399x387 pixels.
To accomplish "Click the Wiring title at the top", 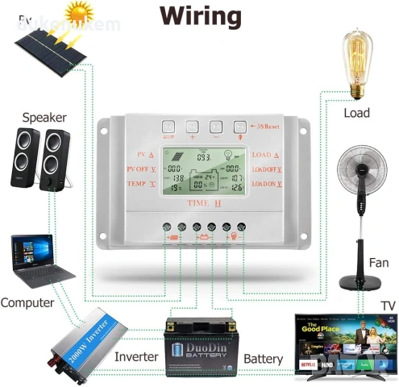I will [x=199, y=16].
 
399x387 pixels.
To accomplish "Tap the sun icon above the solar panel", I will [x=79, y=15].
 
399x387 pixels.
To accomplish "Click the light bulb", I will [x=355, y=64].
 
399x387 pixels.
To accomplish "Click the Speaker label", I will [x=44, y=117].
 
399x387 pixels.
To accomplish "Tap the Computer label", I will [x=27, y=303].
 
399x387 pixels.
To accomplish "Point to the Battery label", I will [x=263, y=358].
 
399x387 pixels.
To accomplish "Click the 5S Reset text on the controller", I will [x=266, y=126].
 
